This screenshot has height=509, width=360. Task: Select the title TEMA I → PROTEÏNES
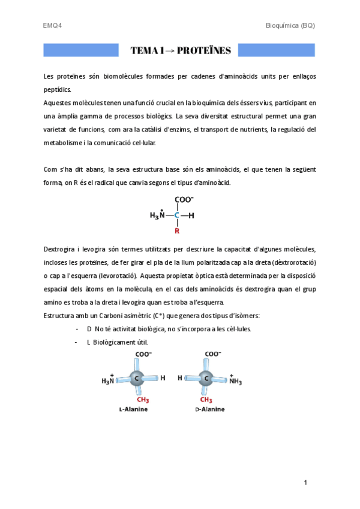[180, 50]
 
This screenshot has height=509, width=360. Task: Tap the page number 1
[305, 483]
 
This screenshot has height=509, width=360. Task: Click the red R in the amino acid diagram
[177, 230]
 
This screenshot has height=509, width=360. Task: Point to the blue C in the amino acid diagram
[177, 215]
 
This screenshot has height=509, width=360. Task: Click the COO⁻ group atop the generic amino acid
[184, 200]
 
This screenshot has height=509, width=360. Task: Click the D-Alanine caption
[211, 409]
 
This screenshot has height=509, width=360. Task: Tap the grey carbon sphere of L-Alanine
[137, 378]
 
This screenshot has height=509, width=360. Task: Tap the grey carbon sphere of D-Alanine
[205, 378]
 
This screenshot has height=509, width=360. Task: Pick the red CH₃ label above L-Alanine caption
[142, 400]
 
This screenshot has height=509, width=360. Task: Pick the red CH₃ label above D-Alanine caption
[206, 400]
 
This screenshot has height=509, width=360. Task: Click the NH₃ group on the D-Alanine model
[234, 379]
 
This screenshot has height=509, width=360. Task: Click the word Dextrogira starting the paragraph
[60, 248]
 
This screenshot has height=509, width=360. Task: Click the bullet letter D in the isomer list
[89, 329]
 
